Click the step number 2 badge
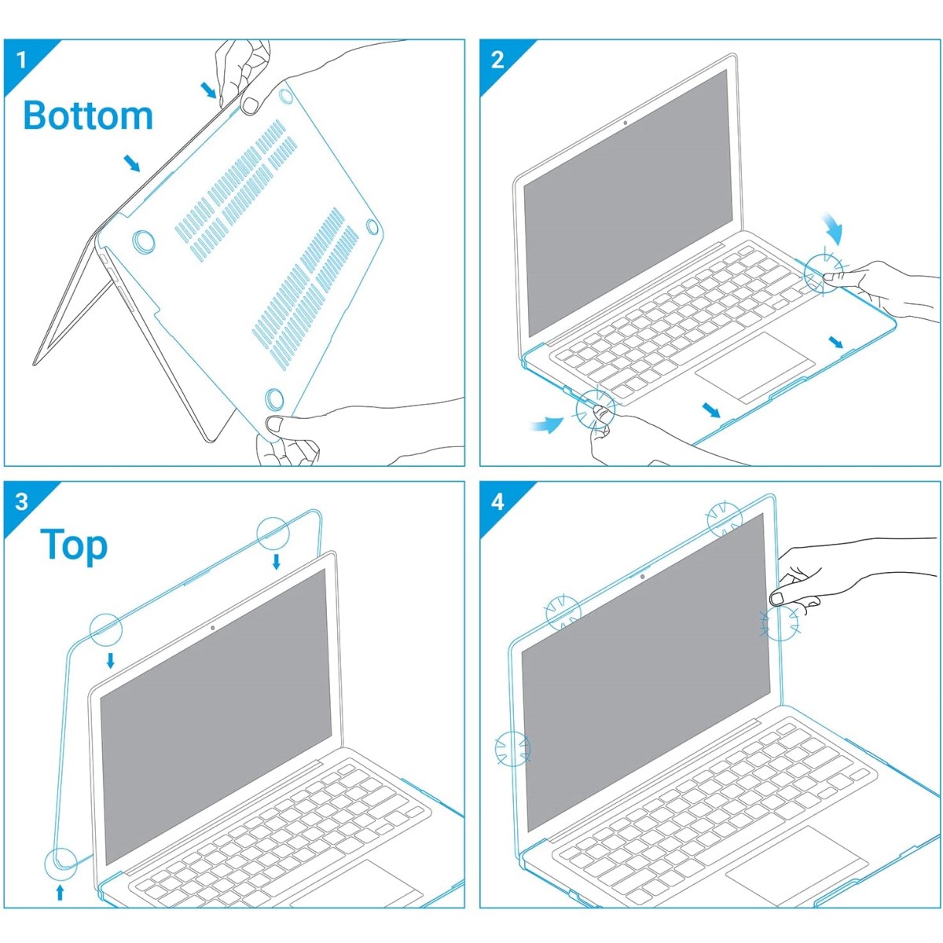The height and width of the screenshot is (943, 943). tap(497, 60)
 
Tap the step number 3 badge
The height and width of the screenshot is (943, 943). tap(21, 502)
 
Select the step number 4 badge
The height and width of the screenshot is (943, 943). tap(497, 502)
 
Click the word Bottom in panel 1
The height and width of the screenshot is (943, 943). tap(88, 116)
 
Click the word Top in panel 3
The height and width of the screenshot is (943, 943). tap(74, 545)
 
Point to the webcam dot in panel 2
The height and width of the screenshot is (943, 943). tap(626, 123)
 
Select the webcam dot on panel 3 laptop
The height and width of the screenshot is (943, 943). tap(212, 628)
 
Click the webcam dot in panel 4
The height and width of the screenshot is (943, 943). tap(641, 578)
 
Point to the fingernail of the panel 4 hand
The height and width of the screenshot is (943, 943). tap(777, 598)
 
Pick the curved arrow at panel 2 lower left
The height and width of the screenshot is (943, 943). tap(547, 424)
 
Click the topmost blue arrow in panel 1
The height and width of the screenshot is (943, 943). tap(209, 90)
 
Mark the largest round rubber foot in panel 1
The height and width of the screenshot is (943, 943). tap(144, 242)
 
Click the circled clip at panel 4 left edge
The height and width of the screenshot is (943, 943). tap(512, 748)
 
